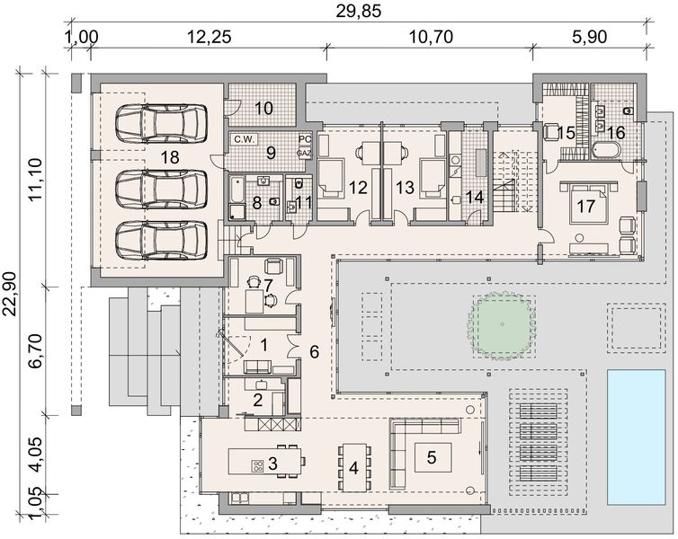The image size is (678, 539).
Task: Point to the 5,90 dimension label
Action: coord(589,38)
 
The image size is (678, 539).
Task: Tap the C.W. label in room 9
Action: coord(244,140)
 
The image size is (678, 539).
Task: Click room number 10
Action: coord(263,109)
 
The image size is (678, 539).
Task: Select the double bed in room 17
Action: coord(590,207)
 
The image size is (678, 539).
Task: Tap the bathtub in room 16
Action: coord(602,150)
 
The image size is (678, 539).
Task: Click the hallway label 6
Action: coord(314,352)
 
